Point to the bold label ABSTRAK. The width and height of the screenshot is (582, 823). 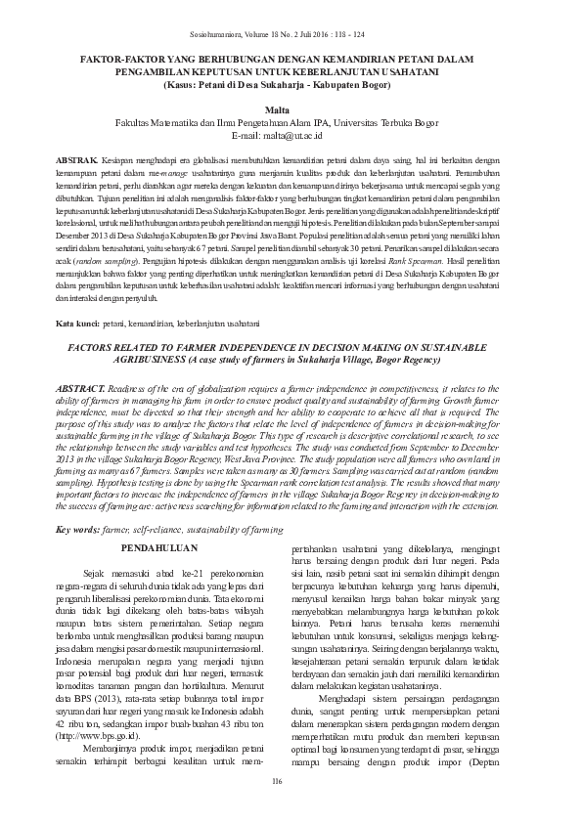click(x=77, y=158)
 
